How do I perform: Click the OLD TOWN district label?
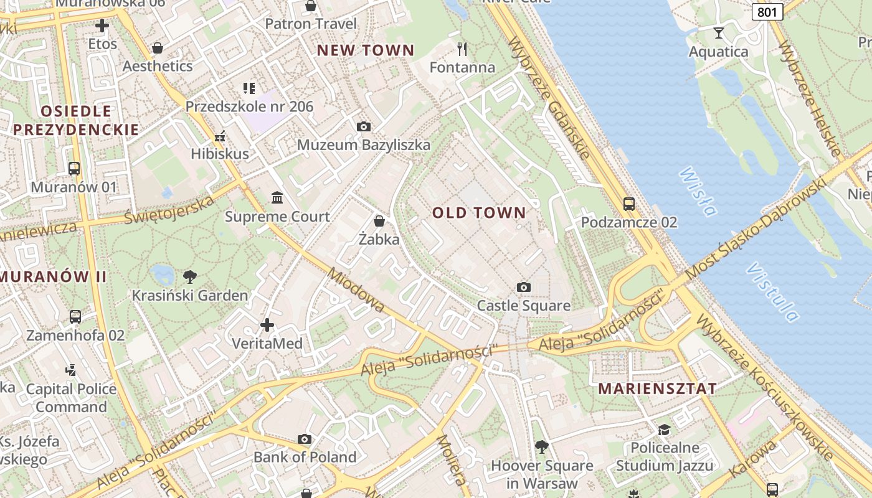click(479, 213)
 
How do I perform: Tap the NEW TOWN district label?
click(366, 50)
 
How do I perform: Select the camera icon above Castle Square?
click(524, 287)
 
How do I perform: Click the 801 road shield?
click(767, 12)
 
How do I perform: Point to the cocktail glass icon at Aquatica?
click(719, 32)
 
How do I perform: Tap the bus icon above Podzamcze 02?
click(629, 204)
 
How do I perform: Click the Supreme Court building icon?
click(277, 198)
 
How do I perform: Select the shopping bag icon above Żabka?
click(379, 221)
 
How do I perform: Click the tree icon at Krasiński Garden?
click(190, 277)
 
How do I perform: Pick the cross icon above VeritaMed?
click(267, 325)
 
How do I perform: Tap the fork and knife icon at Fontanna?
click(462, 49)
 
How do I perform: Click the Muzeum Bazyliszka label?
click(363, 145)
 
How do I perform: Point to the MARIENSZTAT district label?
click(657, 389)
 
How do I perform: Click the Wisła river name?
click(698, 191)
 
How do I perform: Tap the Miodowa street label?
click(356, 290)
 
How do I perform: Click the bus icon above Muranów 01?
click(74, 169)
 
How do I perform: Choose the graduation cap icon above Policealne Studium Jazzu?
click(665, 430)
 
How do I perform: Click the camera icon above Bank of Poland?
click(305, 439)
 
